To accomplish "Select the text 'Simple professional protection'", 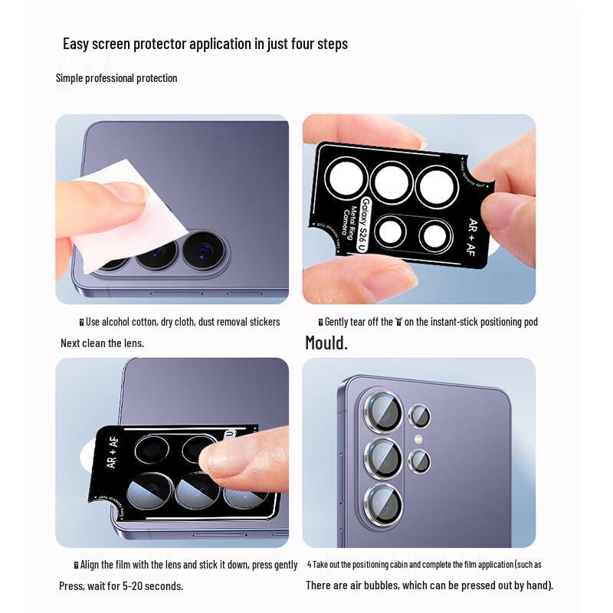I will click(116, 78).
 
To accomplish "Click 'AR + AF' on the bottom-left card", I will click(112, 452).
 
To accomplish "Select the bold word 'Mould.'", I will click(326, 343).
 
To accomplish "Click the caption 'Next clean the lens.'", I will click(102, 343).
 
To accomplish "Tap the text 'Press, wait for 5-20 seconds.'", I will click(121, 586).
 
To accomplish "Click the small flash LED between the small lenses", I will click(418, 439).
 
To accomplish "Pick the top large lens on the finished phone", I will click(382, 412).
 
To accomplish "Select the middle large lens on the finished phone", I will click(382, 458).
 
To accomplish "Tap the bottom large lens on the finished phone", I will click(382, 503).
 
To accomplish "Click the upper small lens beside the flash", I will click(419, 417).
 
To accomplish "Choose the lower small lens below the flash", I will click(419, 461).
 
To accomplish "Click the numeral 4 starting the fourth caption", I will click(309, 565).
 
